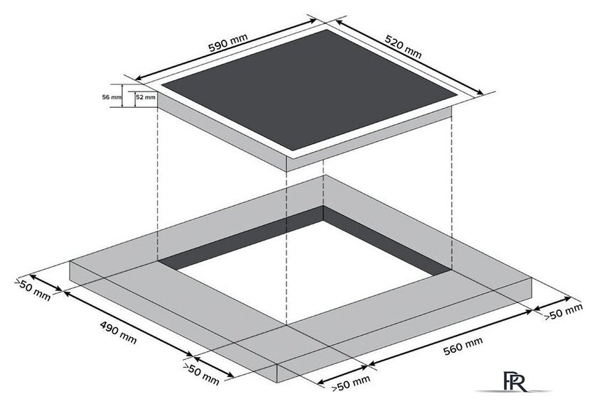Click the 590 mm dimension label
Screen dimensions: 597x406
(x=227, y=43)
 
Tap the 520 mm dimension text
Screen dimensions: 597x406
(x=403, y=47)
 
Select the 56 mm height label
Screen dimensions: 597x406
(x=112, y=97)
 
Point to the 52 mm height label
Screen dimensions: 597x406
(x=146, y=97)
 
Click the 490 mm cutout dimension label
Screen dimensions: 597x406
(x=118, y=332)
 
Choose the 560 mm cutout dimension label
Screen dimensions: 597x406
(x=463, y=346)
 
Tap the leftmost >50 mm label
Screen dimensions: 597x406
(x=33, y=290)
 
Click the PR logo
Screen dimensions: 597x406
(x=515, y=381)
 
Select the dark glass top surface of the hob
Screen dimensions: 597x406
(x=309, y=89)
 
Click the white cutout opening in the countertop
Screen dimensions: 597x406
(x=305, y=275)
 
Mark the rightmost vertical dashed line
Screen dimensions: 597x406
(x=451, y=188)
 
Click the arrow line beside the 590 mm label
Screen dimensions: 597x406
(x=226, y=50)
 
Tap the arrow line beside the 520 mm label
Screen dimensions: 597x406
(x=409, y=57)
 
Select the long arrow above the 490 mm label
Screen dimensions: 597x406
(x=128, y=324)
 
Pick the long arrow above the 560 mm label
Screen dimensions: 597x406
(x=450, y=339)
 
